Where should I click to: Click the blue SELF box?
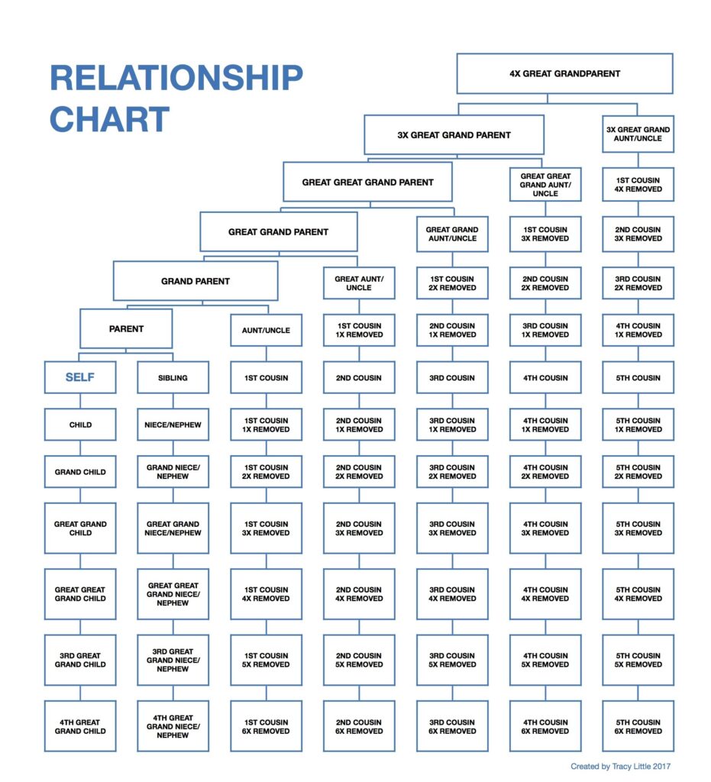(x=80, y=377)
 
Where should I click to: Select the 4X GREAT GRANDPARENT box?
(x=564, y=74)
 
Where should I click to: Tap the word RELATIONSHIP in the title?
(x=176, y=79)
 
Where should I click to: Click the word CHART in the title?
(x=109, y=120)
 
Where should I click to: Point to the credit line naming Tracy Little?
(x=620, y=766)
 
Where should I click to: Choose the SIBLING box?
(x=173, y=377)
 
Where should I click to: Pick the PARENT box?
(x=126, y=329)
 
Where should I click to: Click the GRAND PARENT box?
(x=196, y=281)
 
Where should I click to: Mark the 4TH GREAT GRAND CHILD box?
(x=80, y=726)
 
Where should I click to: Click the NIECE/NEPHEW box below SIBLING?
(x=173, y=425)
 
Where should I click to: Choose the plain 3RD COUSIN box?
(x=452, y=377)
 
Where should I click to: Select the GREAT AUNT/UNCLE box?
(x=358, y=283)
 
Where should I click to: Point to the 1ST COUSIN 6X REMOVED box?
(x=267, y=726)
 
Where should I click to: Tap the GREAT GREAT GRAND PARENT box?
(x=367, y=183)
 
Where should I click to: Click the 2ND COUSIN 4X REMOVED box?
(x=358, y=594)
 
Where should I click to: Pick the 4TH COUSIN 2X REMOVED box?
(x=545, y=471)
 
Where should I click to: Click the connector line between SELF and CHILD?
(x=80, y=401)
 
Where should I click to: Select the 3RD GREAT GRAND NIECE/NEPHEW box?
(x=173, y=660)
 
